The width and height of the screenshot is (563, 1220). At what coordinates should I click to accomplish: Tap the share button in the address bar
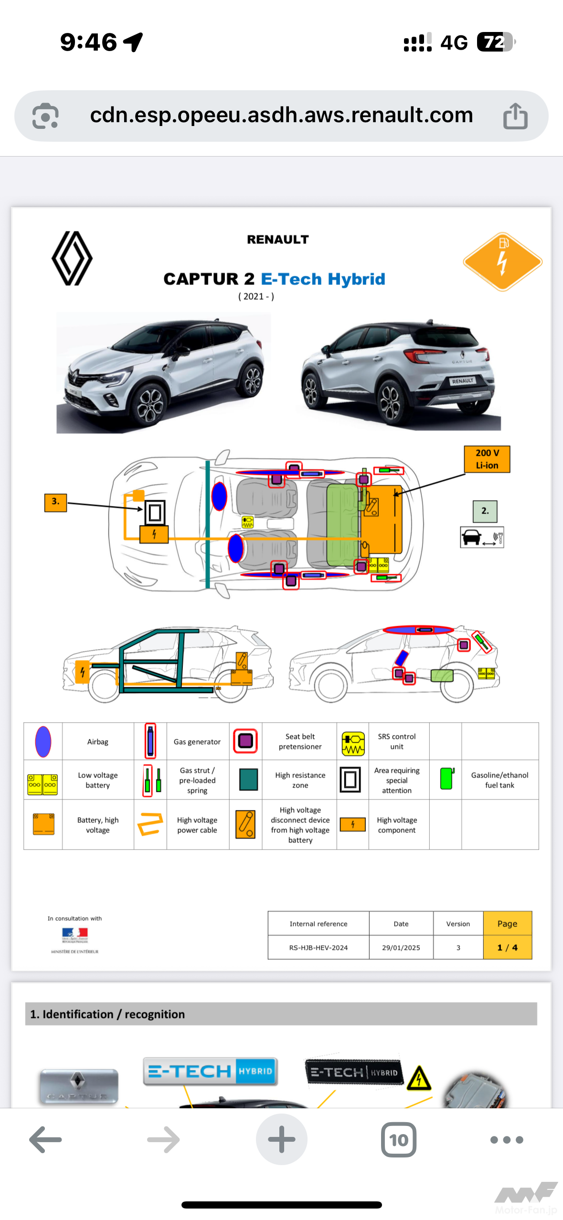(x=515, y=116)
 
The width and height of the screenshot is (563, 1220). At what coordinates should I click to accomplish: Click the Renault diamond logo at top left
(x=72, y=258)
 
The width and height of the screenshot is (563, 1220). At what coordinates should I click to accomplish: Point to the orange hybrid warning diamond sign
(x=502, y=262)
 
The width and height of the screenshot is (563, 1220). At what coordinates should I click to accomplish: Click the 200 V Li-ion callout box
(x=487, y=459)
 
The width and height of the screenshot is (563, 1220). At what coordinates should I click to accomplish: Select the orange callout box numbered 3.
(x=55, y=502)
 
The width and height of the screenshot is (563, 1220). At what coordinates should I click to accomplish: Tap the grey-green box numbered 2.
(x=485, y=511)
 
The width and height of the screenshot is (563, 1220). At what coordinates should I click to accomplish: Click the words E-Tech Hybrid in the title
(x=323, y=279)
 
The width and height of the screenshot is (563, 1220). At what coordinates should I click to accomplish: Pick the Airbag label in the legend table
(x=97, y=742)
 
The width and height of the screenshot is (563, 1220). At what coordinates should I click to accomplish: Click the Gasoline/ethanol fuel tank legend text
(x=499, y=780)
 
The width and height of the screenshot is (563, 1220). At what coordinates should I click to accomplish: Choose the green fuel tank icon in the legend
(x=446, y=778)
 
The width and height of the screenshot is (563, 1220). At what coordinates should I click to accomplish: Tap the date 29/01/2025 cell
(x=401, y=947)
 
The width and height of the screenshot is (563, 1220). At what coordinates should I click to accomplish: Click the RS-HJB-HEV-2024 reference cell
(x=318, y=947)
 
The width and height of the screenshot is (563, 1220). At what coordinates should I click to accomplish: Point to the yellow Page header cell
(x=507, y=924)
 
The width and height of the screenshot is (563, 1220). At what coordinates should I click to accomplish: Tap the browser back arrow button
(x=45, y=1140)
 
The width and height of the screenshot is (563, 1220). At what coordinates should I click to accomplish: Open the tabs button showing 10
(x=399, y=1140)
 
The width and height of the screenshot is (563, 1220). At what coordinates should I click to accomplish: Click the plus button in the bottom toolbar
(x=282, y=1140)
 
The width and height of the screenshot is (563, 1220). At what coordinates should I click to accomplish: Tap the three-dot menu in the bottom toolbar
(x=507, y=1140)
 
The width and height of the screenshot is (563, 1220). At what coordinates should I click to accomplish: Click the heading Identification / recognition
(x=107, y=1014)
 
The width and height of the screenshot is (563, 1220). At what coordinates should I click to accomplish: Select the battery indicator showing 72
(x=496, y=42)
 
